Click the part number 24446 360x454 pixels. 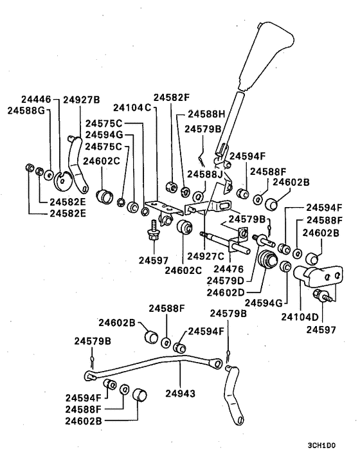point(38,100)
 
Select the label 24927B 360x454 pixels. point(82,100)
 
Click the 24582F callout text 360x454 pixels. point(172,98)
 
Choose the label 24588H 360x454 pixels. point(207,114)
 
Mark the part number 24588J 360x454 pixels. point(205,175)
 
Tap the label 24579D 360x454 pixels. point(226,280)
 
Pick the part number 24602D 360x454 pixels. point(226,293)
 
